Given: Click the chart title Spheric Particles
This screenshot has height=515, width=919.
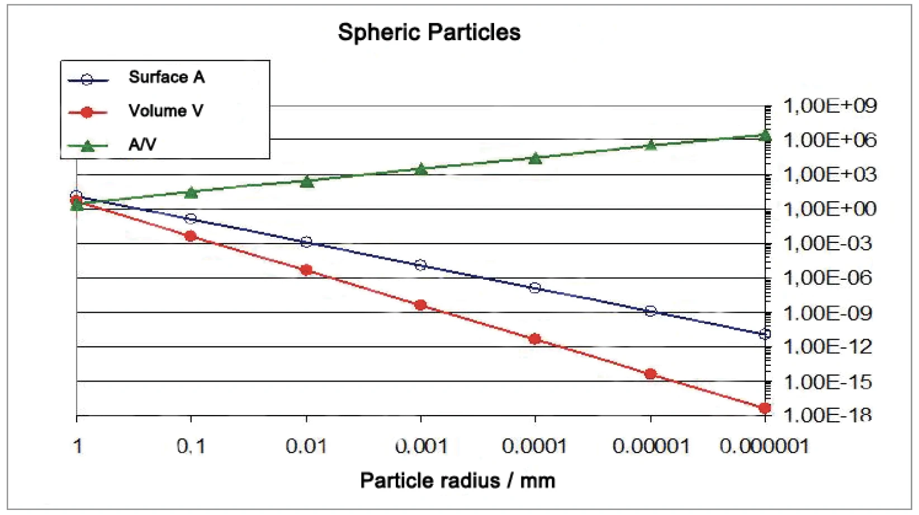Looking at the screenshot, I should [429, 32].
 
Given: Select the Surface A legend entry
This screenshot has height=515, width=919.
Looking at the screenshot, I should [166, 77].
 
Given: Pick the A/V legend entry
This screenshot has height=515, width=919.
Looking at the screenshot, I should [142, 145].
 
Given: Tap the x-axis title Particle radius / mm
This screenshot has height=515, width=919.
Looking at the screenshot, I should [457, 481].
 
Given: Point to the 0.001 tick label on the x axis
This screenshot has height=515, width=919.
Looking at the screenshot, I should [421, 446].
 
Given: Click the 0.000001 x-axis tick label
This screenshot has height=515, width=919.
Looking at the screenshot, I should [764, 446].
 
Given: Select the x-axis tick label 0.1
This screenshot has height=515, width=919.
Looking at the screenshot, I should [191, 446].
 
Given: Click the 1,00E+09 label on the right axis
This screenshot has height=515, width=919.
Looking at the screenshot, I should [830, 106].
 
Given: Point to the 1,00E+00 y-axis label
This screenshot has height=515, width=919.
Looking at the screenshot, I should [830, 209].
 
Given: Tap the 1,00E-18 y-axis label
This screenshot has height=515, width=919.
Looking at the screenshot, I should [827, 415].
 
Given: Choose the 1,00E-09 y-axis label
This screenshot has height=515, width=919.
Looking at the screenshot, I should [827, 313].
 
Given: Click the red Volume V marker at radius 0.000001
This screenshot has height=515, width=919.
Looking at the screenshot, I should [765, 408].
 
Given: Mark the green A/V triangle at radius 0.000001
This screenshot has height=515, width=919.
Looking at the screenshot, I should [765, 135].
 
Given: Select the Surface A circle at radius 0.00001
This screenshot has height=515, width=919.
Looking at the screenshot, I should [650, 311].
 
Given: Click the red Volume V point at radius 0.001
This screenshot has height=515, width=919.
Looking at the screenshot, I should [421, 305].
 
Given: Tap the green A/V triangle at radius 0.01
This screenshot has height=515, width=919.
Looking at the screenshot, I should [306, 181].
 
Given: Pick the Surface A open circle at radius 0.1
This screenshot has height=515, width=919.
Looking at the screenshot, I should [191, 218].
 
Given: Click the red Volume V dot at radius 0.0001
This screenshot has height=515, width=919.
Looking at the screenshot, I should [535, 339].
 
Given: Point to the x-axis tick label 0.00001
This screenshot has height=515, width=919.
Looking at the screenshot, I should [650, 446].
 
